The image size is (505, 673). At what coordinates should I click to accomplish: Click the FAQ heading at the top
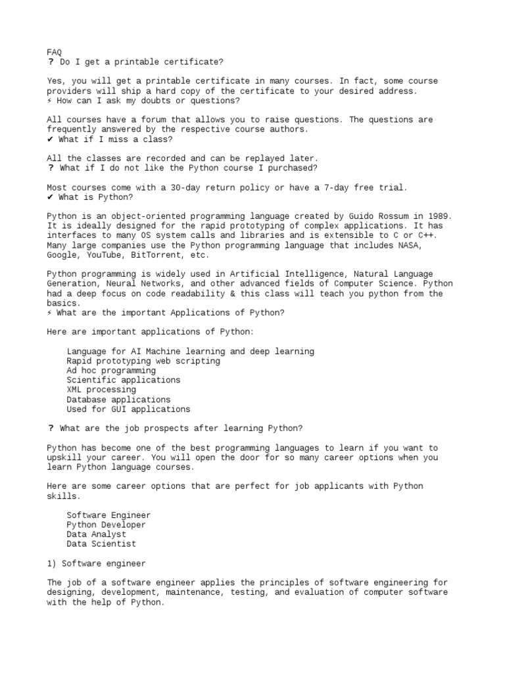tap(55, 52)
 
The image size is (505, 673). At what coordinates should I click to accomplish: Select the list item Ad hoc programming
tap(111, 371)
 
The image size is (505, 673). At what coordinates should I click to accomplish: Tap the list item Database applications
tap(118, 400)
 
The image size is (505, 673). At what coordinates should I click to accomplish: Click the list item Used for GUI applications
tap(128, 409)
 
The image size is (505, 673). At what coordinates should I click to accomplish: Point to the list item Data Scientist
tap(101, 544)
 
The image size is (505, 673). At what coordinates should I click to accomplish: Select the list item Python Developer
tap(106, 525)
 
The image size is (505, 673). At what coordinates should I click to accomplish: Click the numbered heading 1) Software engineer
tap(96, 563)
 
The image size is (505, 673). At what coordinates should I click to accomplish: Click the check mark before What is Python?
tap(50, 197)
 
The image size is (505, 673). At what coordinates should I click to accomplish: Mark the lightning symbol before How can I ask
tap(50, 101)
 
